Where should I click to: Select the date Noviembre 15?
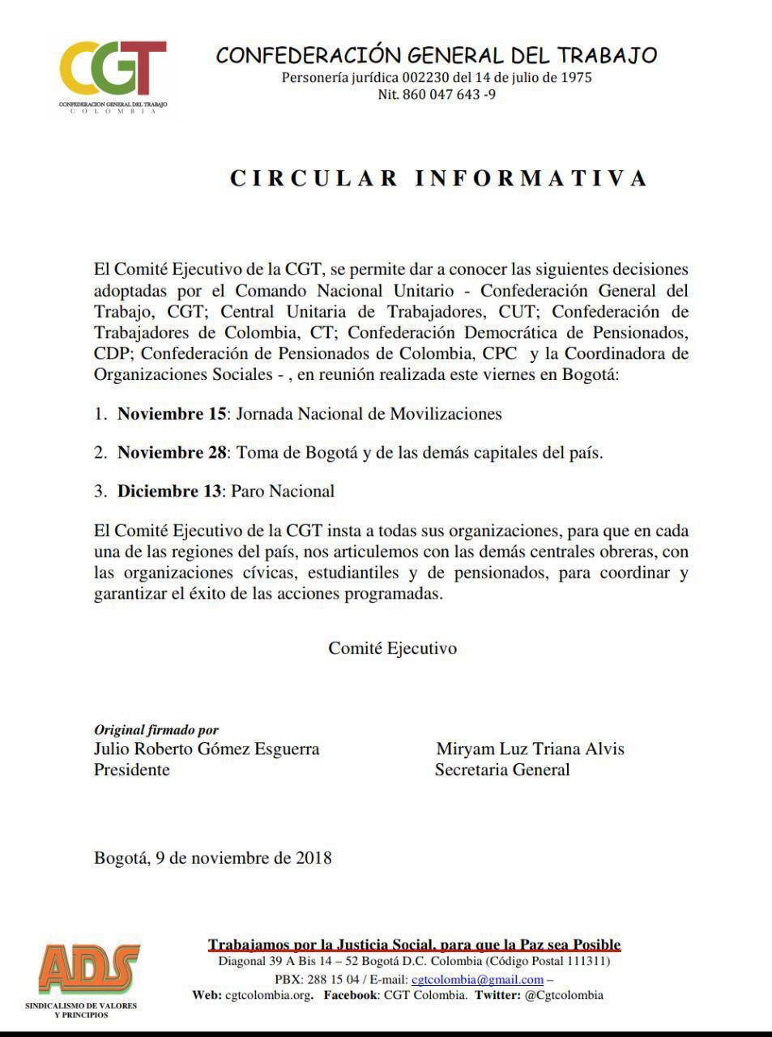point(172,414)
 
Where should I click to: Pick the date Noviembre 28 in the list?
point(172,452)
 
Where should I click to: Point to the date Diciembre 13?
point(169,491)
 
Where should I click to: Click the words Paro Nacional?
point(284,491)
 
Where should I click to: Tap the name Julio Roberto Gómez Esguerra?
point(207,749)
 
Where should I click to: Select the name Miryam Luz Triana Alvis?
point(530,749)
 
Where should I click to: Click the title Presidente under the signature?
point(132,770)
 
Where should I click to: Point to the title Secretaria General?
point(502,770)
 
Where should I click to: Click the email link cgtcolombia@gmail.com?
point(483,979)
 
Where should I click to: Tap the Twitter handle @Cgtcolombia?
point(563,996)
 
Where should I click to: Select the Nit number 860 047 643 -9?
point(437,95)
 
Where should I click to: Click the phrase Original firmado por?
point(156,730)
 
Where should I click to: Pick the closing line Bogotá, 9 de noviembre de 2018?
point(212,857)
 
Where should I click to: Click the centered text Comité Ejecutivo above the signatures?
point(392,648)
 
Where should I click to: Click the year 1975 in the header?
point(576,78)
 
